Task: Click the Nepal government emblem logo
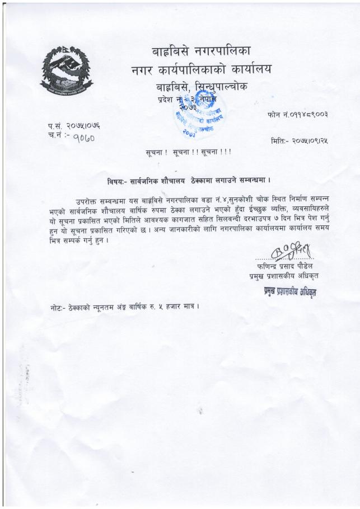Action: coord(66,70)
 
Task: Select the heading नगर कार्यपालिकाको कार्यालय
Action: coord(200,70)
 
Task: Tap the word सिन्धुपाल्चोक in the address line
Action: coord(221,87)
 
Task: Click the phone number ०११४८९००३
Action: coord(305,115)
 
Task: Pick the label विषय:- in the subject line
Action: coord(119,181)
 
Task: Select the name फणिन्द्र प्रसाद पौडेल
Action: coord(279,266)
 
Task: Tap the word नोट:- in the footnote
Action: coord(59,307)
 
